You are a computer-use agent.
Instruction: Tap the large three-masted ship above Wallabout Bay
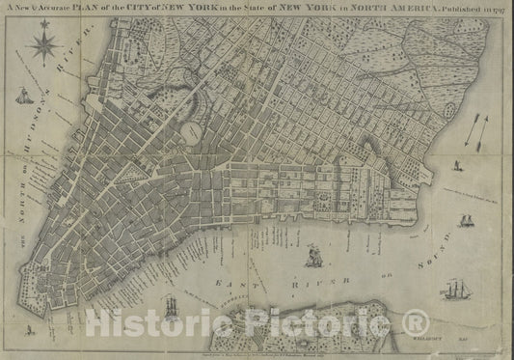tap(453, 292)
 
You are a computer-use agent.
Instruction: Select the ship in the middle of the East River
tap(312, 257)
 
